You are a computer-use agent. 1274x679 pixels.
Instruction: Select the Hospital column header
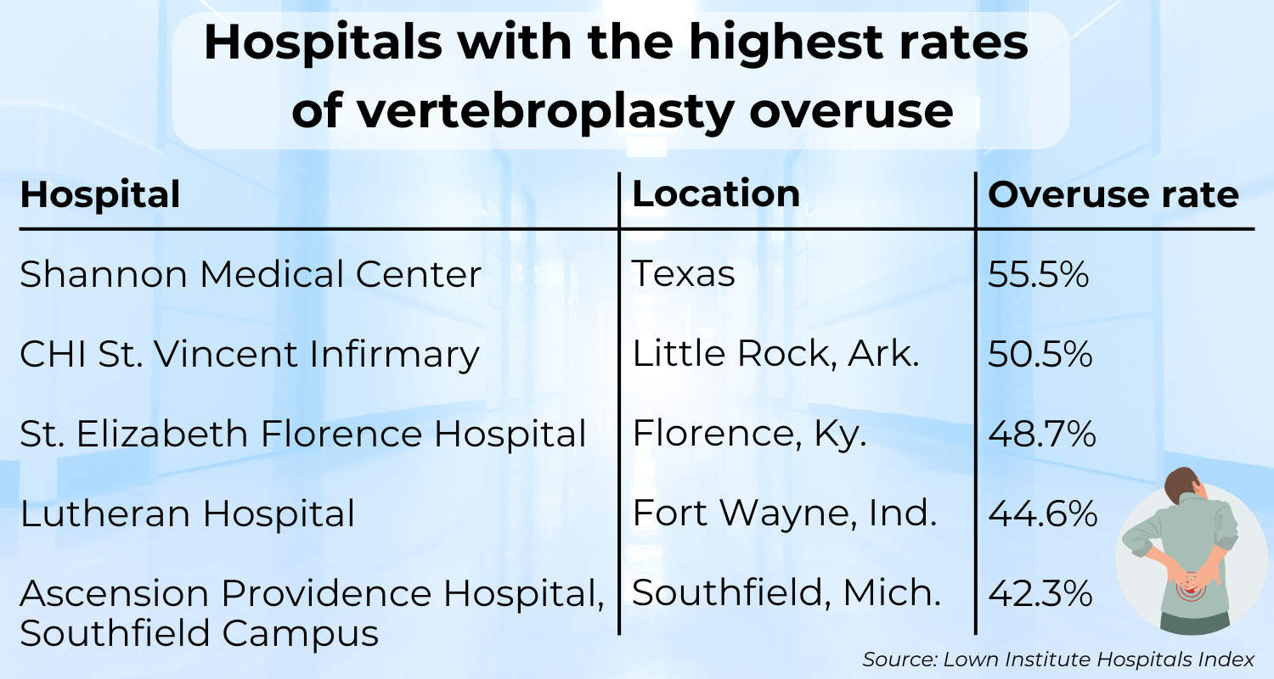click(x=100, y=194)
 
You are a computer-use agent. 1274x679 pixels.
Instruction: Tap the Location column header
click(x=716, y=194)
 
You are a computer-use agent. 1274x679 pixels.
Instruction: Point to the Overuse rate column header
click(x=1113, y=194)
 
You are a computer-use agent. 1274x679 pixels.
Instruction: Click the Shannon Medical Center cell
click(x=251, y=274)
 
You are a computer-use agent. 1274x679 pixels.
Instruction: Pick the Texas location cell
click(x=684, y=274)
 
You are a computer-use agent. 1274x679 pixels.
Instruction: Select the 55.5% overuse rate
click(x=1039, y=274)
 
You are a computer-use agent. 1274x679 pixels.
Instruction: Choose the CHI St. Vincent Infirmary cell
click(x=250, y=354)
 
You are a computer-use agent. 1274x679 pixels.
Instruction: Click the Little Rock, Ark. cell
click(x=776, y=354)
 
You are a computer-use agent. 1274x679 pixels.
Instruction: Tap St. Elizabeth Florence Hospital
click(x=303, y=434)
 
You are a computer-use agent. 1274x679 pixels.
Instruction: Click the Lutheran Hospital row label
click(x=187, y=513)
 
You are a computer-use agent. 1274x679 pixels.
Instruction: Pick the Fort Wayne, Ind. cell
click(x=784, y=513)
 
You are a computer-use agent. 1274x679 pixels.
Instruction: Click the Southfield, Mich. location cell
click(x=786, y=593)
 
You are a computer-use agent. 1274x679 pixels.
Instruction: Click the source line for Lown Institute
click(x=1058, y=659)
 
